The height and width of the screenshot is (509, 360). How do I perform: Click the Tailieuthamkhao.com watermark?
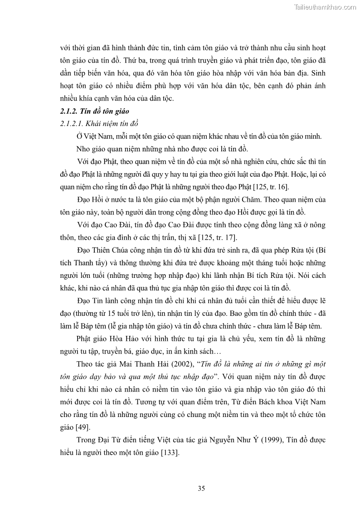tap(326, 7)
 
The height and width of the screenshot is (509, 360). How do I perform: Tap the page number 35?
tap(201, 488)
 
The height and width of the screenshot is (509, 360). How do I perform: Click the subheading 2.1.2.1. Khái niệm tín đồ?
tap(99, 124)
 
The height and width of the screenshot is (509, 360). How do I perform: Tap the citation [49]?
tap(83, 427)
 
